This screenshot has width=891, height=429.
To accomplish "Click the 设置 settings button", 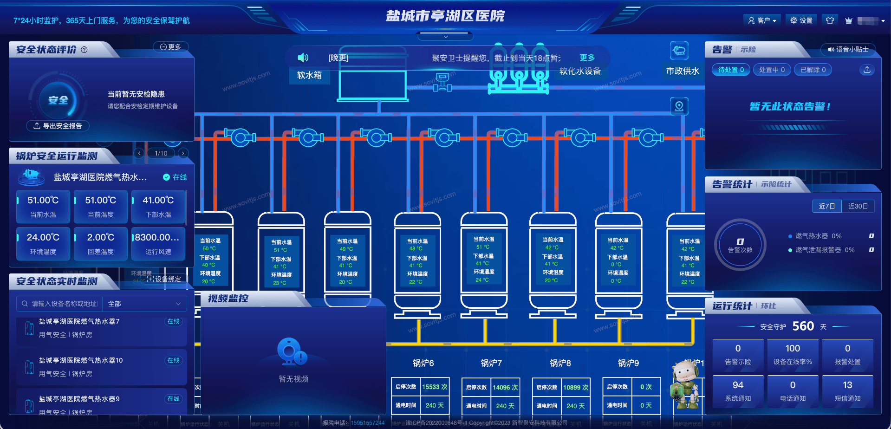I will click(x=801, y=20).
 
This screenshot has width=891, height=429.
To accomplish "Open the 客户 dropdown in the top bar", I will click(x=762, y=20).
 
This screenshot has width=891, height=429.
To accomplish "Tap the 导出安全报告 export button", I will click(x=58, y=126).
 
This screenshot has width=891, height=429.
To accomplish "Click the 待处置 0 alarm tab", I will click(x=731, y=70).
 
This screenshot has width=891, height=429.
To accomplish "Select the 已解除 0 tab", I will click(x=813, y=70).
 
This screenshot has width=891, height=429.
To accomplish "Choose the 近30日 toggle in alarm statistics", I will click(x=858, y=206).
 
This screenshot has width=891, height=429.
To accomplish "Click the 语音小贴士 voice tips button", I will click(x=848, y=49).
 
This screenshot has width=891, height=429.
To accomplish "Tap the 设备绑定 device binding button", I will click(x=164, y=279).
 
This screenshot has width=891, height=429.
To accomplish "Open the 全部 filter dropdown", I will click(x=144, y=304).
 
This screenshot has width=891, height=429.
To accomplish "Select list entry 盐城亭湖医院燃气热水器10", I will click(x=81, y=360).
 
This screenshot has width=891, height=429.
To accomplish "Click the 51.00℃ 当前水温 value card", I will click(x=43, y=206).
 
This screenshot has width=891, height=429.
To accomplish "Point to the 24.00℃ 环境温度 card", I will click(x=43, y=243).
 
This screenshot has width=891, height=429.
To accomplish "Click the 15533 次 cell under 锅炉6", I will click(x=435, y=387).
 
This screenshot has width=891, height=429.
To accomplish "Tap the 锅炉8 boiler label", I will click(x=560, y=363).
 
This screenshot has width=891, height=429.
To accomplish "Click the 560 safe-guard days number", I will click(x=803, y=326).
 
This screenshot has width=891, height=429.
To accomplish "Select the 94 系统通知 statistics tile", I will click(x=738, y=391).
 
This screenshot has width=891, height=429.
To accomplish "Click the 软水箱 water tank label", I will click(x=309, y=75).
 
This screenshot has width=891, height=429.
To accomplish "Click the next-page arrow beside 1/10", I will click(x=183, y=153).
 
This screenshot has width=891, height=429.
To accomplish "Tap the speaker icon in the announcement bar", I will click(x=303, y=58).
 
